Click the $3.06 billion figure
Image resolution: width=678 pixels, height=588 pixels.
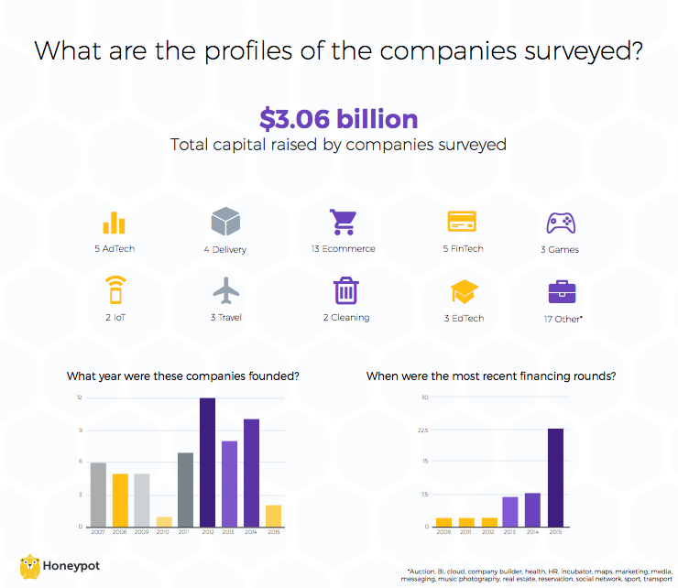pyautogui.click(x=338, y=119)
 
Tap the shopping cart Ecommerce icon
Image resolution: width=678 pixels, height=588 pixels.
pyautogui.click(x=343, y=223)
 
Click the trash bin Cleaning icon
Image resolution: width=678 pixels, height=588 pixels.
pyautogui.click(x=345, y=291)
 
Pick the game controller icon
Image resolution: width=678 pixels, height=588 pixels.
pyautogui.click(x=560, y=223)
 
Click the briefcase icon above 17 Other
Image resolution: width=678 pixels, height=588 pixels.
pyautogui.click(x=562, y=292)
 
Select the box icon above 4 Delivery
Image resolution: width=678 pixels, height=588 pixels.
pyautogui.click(x=225, y=223)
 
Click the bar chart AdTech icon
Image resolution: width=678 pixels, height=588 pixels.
pyautogui.click(x=115, y=223)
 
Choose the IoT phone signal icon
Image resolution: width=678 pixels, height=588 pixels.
pyautogui.click(x=115, y=290)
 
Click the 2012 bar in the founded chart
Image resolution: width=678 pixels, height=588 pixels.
pyautogui.click(x=208, y=463)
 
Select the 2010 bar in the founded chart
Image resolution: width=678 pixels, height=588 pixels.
pyautogui.click(x=164, y=522)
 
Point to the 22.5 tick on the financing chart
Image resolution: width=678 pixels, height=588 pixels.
pyautogui.click(x=422, y=429)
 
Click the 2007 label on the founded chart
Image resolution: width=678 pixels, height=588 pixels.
pyautogui.click(x=98, y=532)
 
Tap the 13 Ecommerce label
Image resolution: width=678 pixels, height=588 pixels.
pyautogui.click(x=344, y=248)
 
